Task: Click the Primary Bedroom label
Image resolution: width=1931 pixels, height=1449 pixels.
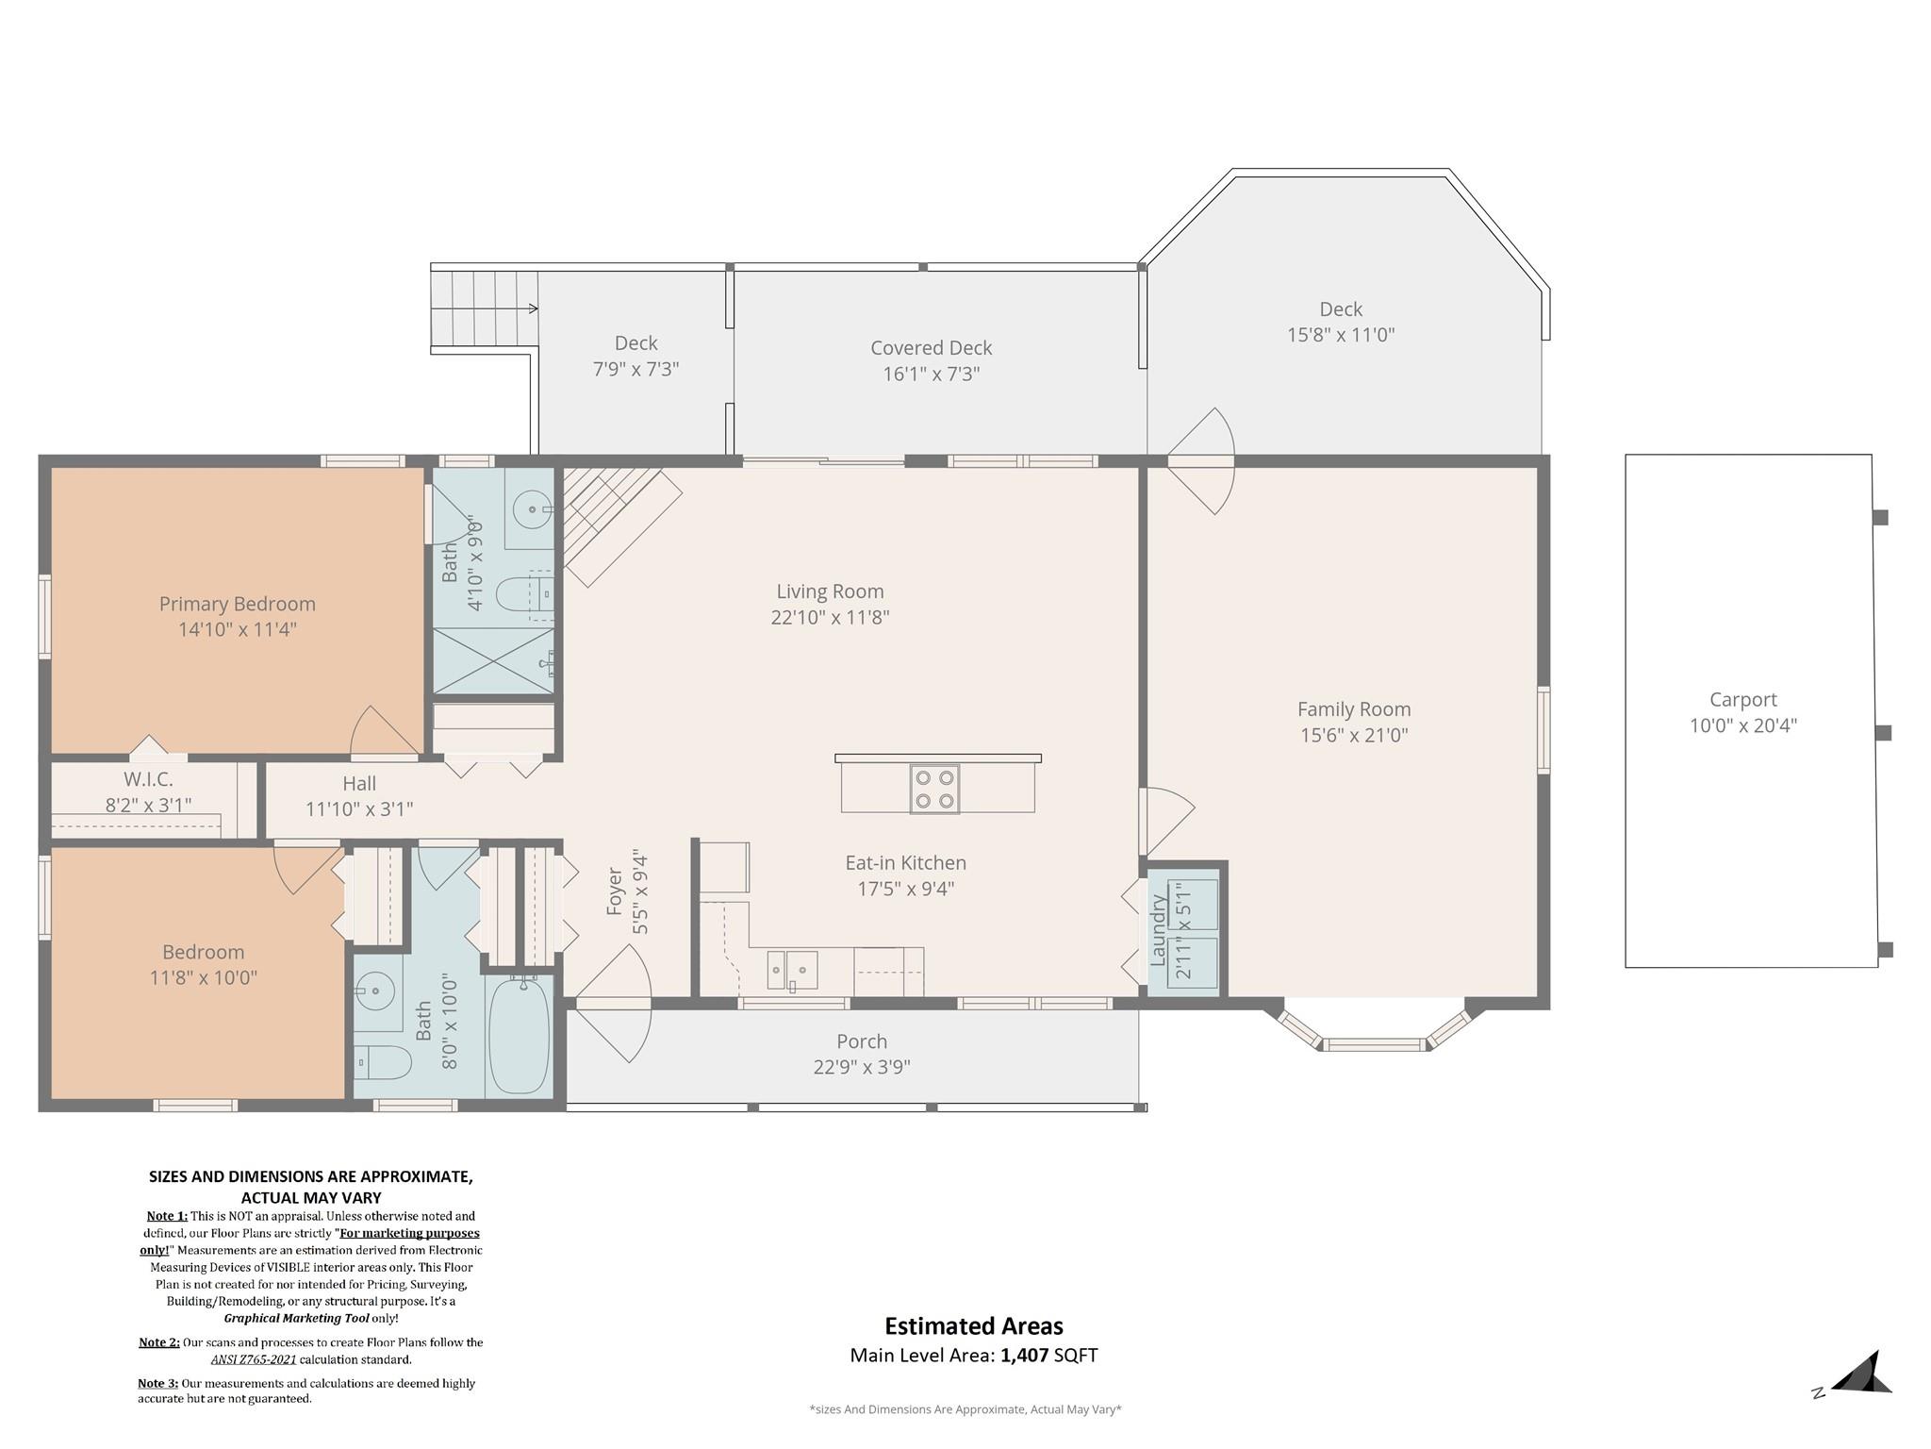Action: [x=237, y=604]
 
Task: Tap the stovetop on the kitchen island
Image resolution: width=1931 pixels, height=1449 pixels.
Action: [x=934, y=790]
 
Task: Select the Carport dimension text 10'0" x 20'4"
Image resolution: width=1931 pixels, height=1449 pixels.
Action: [x=1742, y=725]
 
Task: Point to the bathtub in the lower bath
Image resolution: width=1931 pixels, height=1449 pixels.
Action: [x=519, y=1036]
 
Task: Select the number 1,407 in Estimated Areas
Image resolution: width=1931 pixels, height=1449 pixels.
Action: [x=1024, y=1356]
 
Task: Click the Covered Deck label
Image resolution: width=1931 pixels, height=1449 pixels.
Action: [x=931, y=348]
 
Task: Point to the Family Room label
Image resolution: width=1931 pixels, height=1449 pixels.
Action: [x=1353, y=709]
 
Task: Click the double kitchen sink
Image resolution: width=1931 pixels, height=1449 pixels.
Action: [x=792, y=969]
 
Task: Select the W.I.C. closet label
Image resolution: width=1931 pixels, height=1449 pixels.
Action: [x=148, y=779]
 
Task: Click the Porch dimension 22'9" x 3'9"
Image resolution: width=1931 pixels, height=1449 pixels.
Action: [x=861, y=1067]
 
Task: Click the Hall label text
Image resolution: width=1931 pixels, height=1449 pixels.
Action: [x=359, y=783]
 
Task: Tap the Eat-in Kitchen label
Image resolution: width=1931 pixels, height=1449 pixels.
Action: [x=905, y=862]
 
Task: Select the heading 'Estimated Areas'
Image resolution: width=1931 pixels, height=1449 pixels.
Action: [x=973, y=1326]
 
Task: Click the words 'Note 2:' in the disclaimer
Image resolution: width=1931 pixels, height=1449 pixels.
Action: [x=158, y=1342]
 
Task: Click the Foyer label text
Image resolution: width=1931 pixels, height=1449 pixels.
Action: [x=615, y=891]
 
